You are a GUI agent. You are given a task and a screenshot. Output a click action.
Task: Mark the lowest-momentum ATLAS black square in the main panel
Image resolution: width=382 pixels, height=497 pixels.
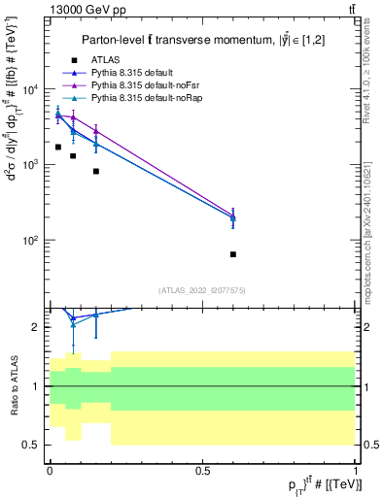point(58,148)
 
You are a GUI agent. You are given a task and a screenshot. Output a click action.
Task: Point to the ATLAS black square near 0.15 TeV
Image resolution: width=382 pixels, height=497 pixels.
point(95,171)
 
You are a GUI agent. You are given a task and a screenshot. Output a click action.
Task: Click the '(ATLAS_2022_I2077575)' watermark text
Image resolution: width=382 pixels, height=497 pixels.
point(202,289)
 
